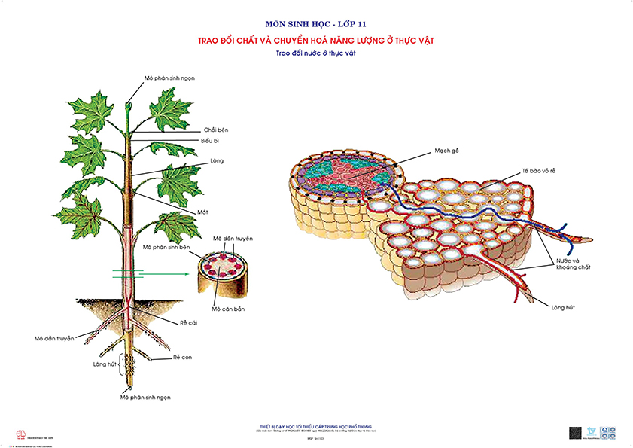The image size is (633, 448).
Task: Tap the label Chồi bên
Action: pos(216,130)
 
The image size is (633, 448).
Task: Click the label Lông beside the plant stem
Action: pos(217,160)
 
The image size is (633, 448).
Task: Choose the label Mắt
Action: pos(204,212)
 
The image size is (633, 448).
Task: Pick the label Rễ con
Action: pos(183,357)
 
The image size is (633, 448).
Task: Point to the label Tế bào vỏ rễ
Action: pos(539,170)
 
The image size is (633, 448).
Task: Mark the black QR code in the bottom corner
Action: pos(574,433)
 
